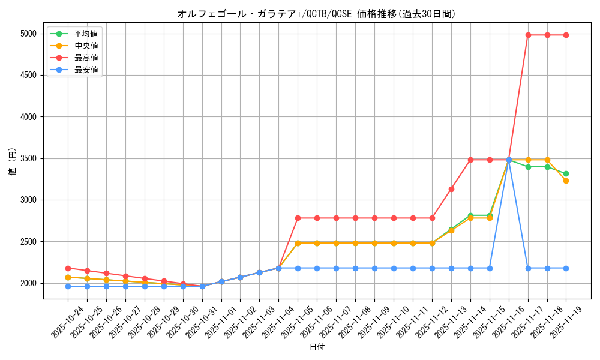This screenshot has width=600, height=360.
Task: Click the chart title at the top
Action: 316,14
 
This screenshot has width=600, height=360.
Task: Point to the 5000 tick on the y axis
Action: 28,34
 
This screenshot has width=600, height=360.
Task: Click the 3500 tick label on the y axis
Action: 28,158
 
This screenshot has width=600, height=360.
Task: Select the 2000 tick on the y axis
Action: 28,283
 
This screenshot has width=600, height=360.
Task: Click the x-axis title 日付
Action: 317,347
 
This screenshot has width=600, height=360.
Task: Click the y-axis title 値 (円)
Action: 13,162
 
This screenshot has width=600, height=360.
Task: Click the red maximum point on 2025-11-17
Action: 528,35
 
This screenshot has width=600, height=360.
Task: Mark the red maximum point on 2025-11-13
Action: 451,189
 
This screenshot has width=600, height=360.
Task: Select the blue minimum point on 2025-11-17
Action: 528,268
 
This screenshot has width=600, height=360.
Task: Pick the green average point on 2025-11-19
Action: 566,173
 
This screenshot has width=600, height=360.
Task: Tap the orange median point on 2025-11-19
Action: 566,181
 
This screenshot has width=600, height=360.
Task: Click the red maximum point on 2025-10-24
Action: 68,268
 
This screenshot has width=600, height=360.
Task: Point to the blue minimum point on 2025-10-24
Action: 68,286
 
